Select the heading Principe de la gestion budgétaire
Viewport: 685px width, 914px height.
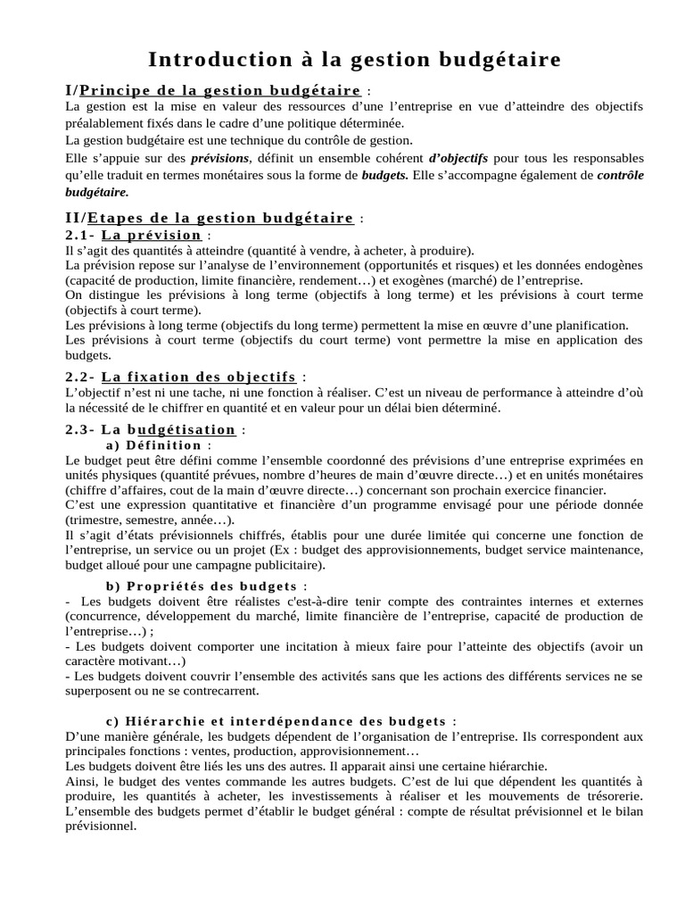pos(220,90)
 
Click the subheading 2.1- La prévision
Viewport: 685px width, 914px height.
pos(134,235)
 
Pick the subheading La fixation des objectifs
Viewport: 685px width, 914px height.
pos(198,377)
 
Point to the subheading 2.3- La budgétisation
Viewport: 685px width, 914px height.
pos(151,429)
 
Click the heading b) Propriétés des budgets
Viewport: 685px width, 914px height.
pos(202,586)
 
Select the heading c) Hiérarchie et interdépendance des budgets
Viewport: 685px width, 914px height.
pos(276,721)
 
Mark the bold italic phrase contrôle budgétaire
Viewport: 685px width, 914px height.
pos(619,175)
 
